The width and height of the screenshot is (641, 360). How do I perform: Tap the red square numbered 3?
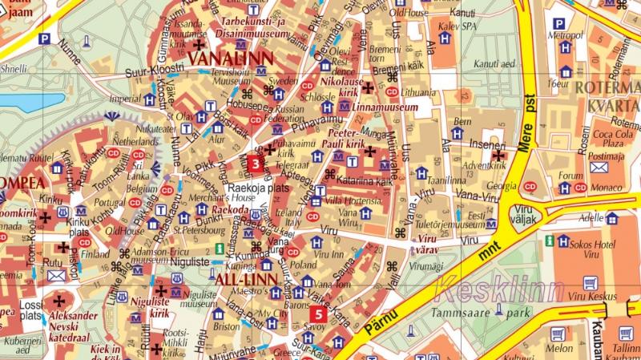coord(255,165)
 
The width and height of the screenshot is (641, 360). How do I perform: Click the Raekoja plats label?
coord(257,187)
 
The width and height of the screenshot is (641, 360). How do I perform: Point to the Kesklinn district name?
coord(500,289)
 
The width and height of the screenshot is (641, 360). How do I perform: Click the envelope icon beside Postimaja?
coord(599,168)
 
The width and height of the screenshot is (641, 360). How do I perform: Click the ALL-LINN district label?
coord(246,278)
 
